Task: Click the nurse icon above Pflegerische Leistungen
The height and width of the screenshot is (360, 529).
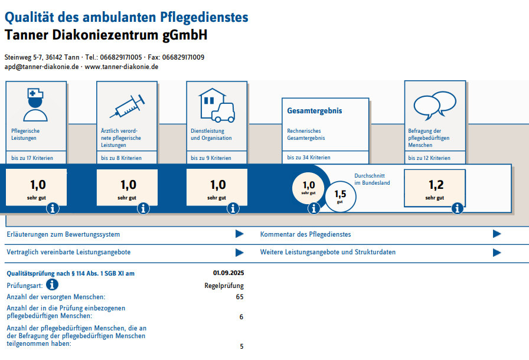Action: pyautogui.click(x=36, y=104)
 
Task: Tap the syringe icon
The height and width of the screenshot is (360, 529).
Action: pyautogui.click(x=126, y=106)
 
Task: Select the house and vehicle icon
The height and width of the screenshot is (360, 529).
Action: pyautogui.click(x=216, y=104)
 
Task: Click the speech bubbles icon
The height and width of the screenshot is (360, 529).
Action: pyautogui.click(x=435, y=104)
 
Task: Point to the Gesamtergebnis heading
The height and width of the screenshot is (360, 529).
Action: pyautogui.click(x=314, y=111)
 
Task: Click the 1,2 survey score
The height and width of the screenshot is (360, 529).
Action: pyautogui.click(x=435, y=185)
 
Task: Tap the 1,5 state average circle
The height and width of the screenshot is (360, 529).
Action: pyautogui.click(x=341, y=195)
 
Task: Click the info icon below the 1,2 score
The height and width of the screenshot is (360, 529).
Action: pyautogui.click(x=457, y=208)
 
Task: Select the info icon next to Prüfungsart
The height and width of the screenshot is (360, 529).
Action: pyautogui.click(x=52, y=285)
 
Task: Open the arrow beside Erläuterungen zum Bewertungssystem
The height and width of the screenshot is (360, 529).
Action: pyautogui.click(x=239, y=234)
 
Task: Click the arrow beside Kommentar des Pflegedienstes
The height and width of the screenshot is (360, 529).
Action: pyautogui.click(x=497, y=234)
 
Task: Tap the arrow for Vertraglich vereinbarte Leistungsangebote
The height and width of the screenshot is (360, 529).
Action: pyautogui.click(x=239, y=253)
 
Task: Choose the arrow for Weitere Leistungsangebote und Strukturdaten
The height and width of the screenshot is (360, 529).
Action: pyautogui.click(x=497, y=253)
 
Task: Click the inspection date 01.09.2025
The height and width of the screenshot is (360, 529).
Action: pyautogui.click(x=228, y=273)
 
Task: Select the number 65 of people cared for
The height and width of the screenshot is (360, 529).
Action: pyautogui.click(x=239, y=297)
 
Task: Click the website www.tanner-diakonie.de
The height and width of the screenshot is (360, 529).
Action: pyautogui.click(x=122, y=67)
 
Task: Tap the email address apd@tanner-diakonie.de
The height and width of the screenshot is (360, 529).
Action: pyautogui.click(x=41, y=67)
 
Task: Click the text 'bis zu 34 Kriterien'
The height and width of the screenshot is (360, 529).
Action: pyautogui.click(x=309, y=158)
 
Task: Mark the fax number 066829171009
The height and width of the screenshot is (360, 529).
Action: pyautogui.click(x=183, y=57)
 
